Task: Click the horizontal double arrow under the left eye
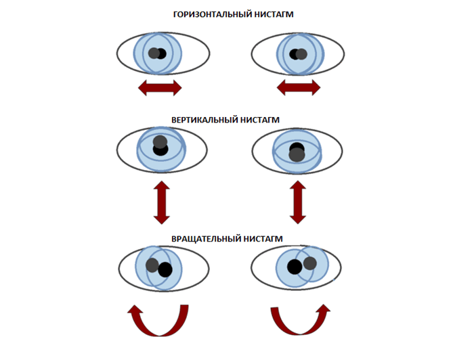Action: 160,87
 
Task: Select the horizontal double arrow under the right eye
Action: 299,87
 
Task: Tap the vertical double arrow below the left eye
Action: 160,202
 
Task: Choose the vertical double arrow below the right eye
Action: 298,202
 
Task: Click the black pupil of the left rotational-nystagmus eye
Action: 165,269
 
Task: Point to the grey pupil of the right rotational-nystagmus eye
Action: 311,264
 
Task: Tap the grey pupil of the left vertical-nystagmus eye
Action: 160,142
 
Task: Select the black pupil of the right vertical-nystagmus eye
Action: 295,148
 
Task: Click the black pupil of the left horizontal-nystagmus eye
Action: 155,53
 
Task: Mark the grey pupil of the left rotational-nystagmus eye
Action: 152,265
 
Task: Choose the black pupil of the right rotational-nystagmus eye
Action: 294,267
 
